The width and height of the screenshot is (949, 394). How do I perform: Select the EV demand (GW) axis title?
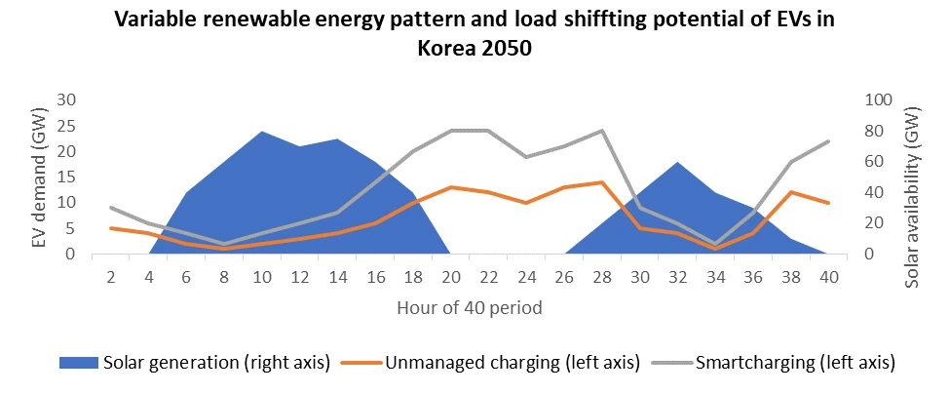point(39,177)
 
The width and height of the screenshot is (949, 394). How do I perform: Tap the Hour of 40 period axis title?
point(469,308)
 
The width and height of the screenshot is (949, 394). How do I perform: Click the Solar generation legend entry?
point(195,363)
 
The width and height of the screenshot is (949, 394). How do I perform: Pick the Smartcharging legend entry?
point(779,363)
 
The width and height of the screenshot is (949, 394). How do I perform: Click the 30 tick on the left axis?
point(66,99)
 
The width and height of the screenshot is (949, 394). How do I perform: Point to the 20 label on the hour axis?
point(450,276)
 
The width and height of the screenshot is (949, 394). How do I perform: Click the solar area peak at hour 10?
point(261,132)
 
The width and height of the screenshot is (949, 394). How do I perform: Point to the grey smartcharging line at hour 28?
point(602,131)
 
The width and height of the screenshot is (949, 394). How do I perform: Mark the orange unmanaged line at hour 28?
point(602,182)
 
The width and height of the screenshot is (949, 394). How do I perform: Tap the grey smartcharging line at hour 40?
point(828,141)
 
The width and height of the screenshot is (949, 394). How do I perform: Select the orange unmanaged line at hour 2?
point(111,228)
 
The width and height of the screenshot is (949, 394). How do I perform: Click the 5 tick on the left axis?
point(71,228)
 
